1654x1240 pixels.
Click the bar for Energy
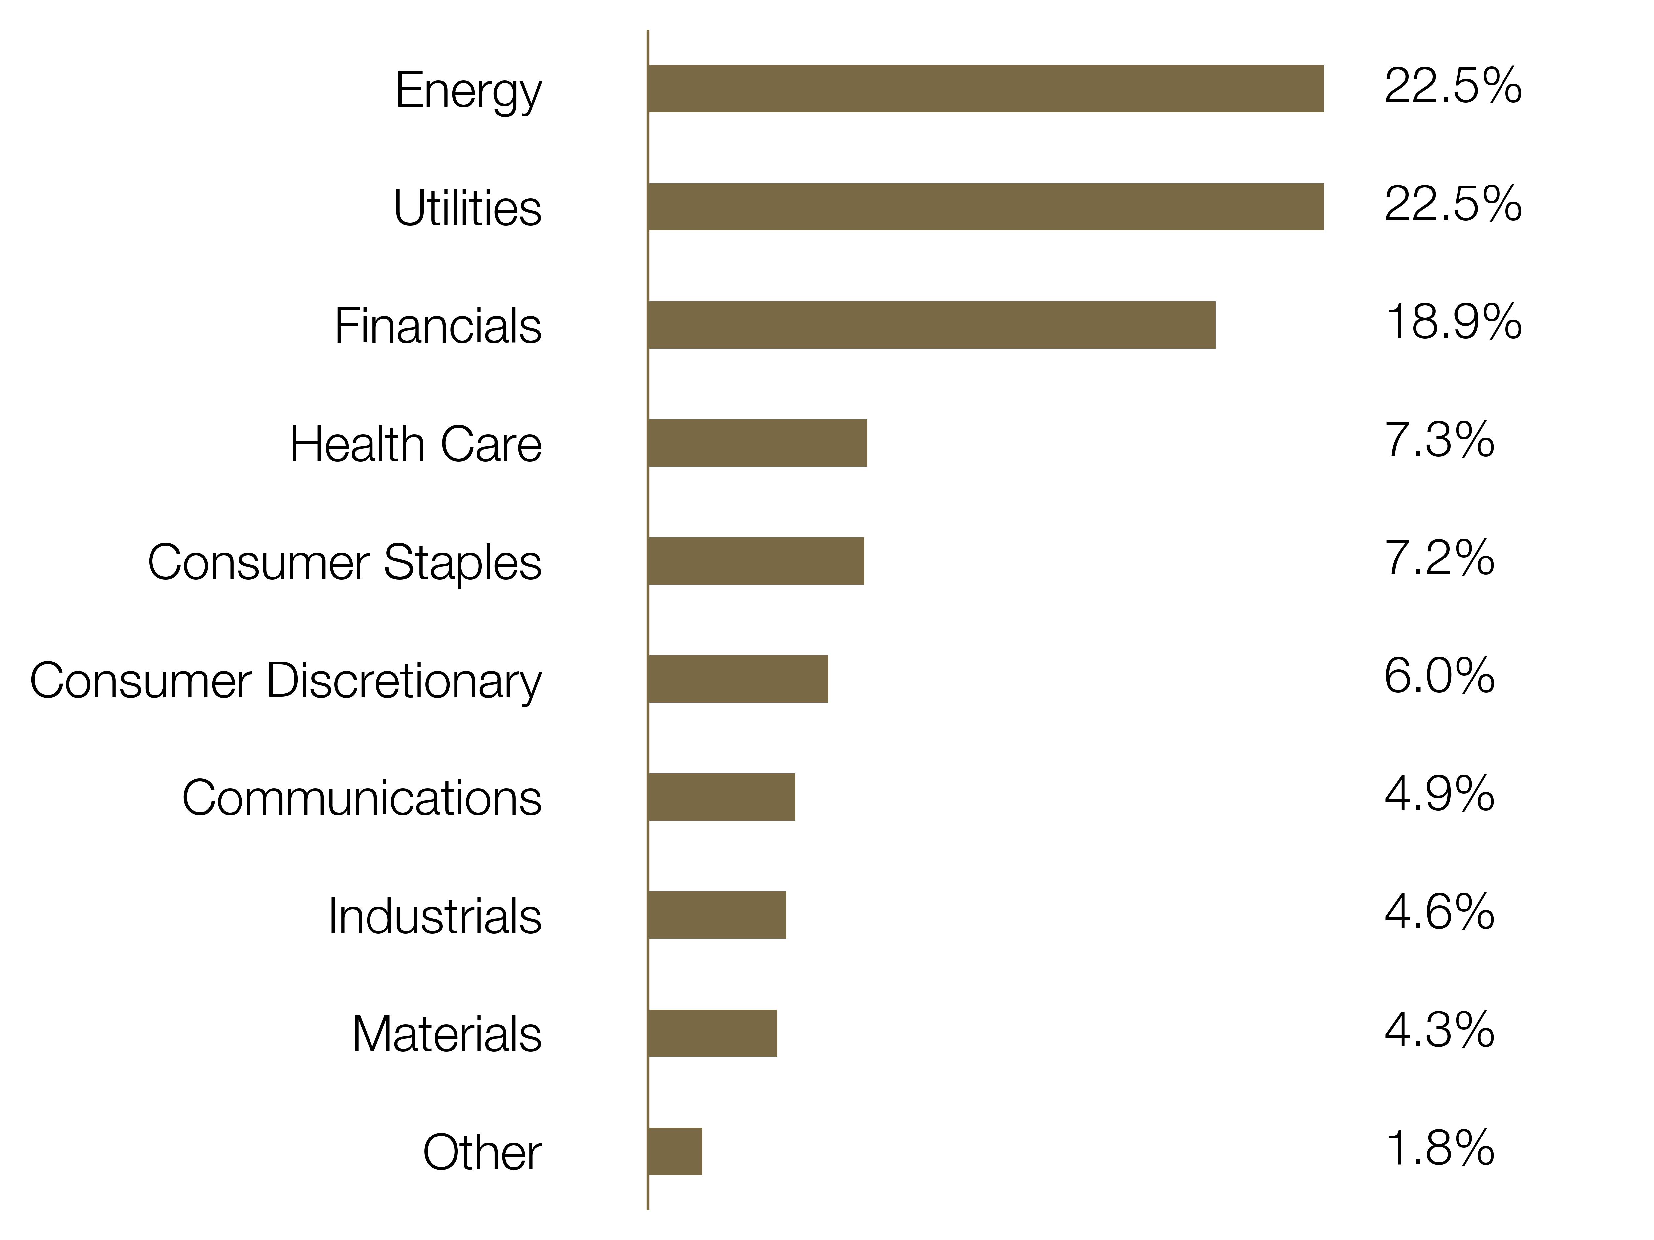click(x=985, y=89)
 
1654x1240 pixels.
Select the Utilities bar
click(x=985, y=207)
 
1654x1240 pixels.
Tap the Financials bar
click(x=932, y=325)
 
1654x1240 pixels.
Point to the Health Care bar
click(x=758, y=443)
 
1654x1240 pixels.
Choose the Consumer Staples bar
click(x=756, y=561)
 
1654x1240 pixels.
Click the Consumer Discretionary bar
click(x=738, y=680)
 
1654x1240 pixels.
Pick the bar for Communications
click(x=721, y=798)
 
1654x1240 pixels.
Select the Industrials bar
click(x=717, y=916)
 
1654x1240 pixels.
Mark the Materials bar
click(x=713, y=1034)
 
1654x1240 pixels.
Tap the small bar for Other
click(x=675, y=1152)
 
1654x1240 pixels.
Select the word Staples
click(x=463, y=563)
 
